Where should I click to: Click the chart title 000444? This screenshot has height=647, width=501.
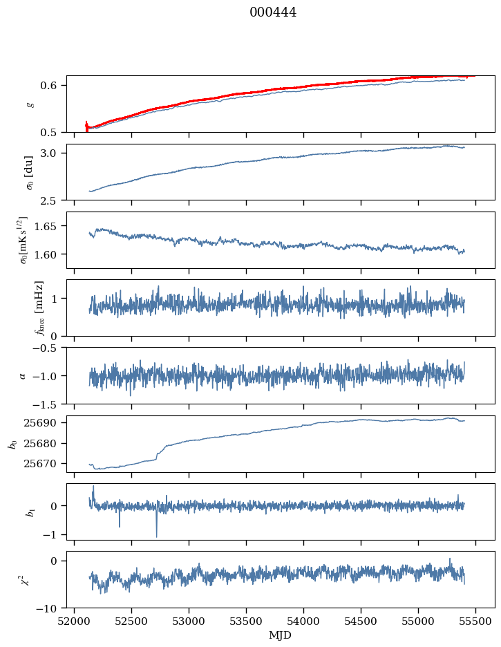[x=273, y=12]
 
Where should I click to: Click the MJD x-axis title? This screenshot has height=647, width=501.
[x=281, y=635]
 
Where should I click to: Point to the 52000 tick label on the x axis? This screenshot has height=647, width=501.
[x=75, y=621]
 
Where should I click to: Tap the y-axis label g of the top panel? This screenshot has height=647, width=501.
[x=29, y=104]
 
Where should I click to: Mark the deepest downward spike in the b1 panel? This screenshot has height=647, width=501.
[x=156, y=536]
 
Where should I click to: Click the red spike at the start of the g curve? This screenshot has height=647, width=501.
[x=86, y=125]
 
